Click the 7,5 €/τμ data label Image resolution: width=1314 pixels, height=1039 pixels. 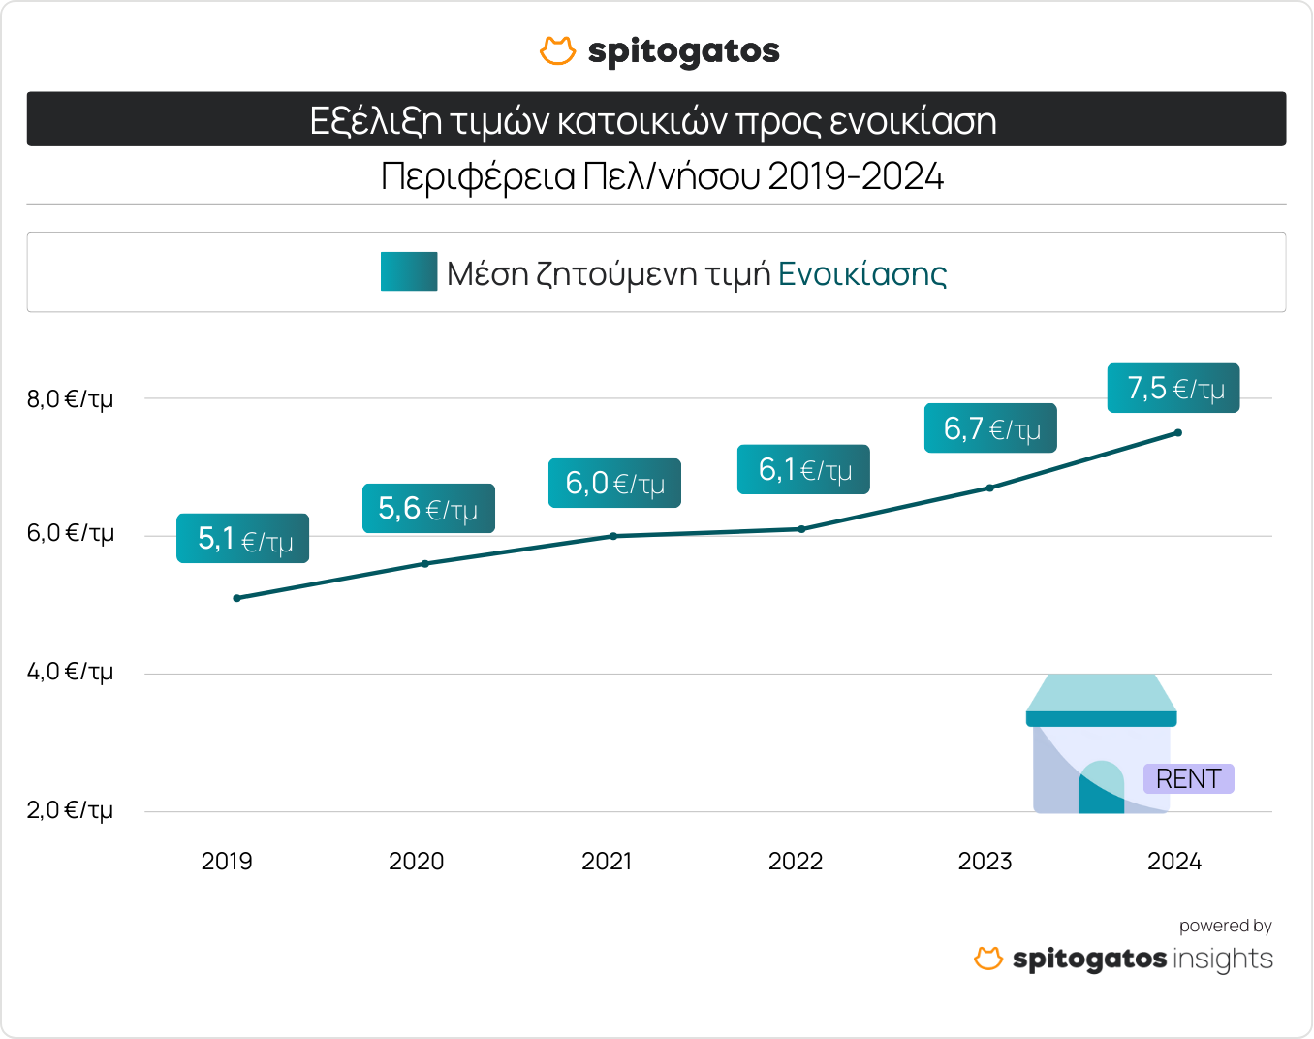1173,389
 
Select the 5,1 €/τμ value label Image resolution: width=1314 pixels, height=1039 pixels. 242,539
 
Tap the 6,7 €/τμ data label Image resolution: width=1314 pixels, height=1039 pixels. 990,428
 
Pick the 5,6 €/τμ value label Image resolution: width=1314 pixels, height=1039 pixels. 428,509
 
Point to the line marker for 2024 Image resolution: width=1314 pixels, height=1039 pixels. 1177,432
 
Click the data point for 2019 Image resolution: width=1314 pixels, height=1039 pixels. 237,598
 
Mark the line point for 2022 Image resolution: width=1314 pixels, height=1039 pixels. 801,529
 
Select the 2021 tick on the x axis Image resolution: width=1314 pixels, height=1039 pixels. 607,861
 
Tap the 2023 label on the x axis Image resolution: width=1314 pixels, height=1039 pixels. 985,861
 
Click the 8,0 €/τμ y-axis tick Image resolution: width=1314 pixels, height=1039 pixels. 70,398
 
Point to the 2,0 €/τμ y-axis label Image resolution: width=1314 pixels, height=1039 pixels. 70,809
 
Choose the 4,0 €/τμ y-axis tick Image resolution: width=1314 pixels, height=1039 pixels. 70,671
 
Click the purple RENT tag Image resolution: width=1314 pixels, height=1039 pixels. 1188,779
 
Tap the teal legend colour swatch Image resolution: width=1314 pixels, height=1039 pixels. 409,272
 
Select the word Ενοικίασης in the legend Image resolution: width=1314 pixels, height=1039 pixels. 862,274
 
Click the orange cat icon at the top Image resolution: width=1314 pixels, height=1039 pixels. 557,51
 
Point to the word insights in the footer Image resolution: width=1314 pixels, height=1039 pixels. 1223,960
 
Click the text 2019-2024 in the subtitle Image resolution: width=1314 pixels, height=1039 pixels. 856,177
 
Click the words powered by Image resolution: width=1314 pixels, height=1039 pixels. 1225,926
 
